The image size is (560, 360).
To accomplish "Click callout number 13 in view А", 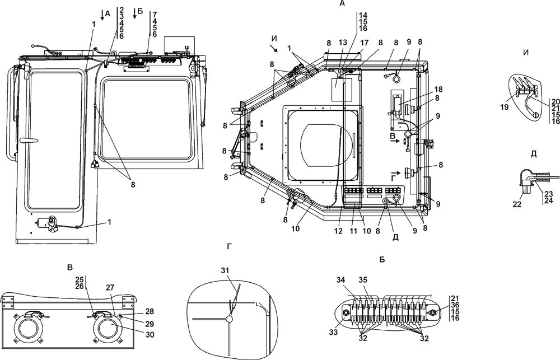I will click(x=343, y=43).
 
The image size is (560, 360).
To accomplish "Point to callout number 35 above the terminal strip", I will click(x=363, y=279).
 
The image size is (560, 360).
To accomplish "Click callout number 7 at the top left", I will click(x=155, y=14).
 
